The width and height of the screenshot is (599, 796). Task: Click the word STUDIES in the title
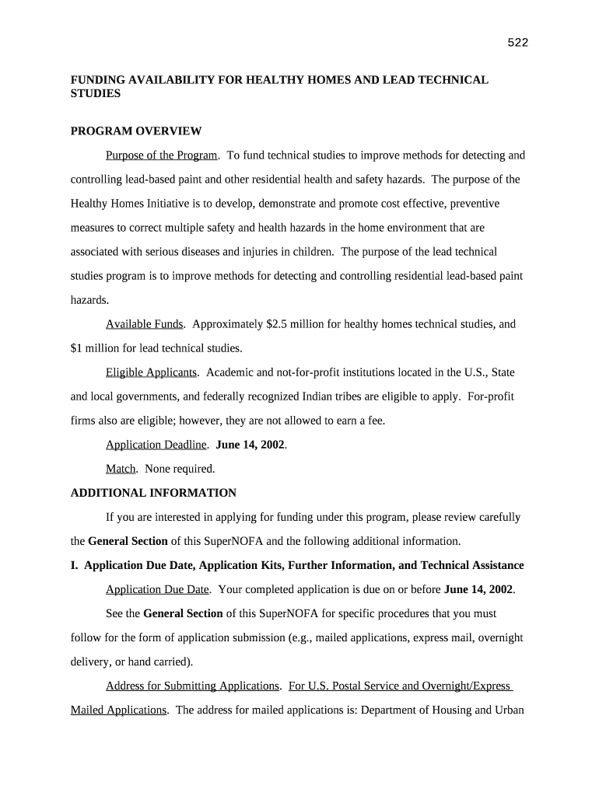pyautogui.click(x=96, y=93)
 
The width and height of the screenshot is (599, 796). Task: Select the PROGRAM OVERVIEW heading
pyautogui.click(x=136, y=131)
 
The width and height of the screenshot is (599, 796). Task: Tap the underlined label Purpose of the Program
pyautogui.click(x=162, y=155)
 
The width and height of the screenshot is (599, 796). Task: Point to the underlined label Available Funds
pyautogui.click(x=145, y=324)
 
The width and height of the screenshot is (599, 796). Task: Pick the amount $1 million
pyautogui.click(x=95, y=347)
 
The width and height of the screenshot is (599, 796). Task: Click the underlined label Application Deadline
pyautogui.click(x=156, y=445)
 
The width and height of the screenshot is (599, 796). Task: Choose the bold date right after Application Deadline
pyautogui.click(x=250, y=445)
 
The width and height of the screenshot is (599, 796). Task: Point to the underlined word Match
pyautogui.click(x=121, y=469)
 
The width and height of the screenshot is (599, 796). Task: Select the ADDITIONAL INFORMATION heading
pyautogui.click(x=153, y=493)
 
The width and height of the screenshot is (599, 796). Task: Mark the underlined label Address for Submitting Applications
pyautogui.click(x=192, y=686)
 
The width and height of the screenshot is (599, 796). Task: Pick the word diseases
pyautogui.click(x=209, y=252)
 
